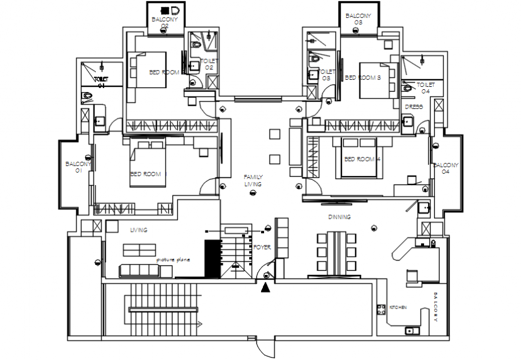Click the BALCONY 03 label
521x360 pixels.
pyautogui.click(x=358, y=19)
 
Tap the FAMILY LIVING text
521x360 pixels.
pyautogui.click(x=253, y=181)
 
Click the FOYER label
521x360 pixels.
pyautogui.click(x=262, y=247)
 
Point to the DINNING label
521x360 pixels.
pyautogui.click(x=339, y=217)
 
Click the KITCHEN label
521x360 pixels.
pyautogui.click(x=398, y=307)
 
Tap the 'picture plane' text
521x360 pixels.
pyautogui.click(x=174, y=260)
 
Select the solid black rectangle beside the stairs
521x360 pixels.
pyautogui.click(x=213, y=259)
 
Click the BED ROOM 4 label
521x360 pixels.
pyautogui.click(x=362, y=159)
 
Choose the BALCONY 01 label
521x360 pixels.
pyautogui.click(x=78, y=167)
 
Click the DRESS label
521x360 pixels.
pyautogui.click(x=414, y=107)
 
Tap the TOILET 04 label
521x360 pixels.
pyautogui.click(x=425, y=88)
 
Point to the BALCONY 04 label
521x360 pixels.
pyautogui.click(x=446, y=168)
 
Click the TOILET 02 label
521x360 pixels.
pyautogui.click(x=209, y=65)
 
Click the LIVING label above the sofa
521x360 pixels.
pyautogui.click(x=138, y=229)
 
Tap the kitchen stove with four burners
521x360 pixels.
pyautogui.click(x=380, y=310)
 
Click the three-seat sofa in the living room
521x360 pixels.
pyautogui.click(x=139, y=271)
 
